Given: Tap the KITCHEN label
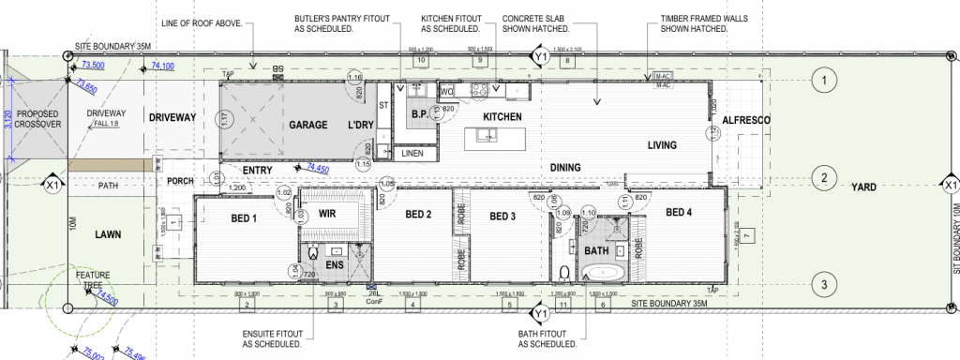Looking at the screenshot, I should pyautogui.click(x=501, y=116).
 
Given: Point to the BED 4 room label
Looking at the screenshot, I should pyautogui.click(x=679, y=213).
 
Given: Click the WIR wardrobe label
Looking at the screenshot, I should pyautogui.click(x=328, y=214).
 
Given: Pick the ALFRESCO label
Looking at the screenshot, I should pyautogui.click(x=746, y=121).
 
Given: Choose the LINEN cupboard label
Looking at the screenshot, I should pyautogui.click(x=412, y=152).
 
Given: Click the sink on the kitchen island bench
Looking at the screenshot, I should pyautogui.click(x=487, y=137).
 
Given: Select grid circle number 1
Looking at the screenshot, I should pyautogui.click(x=823, y=82).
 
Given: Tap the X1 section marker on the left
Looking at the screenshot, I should pyautogui.click(x=52, y=187).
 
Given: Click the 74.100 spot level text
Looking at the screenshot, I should pyautogui.click(x=162, y=67).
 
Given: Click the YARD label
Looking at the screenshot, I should pyautogui.click(x=863, y=187).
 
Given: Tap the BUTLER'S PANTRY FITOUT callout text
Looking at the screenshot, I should pyautogui.click(x=324, y=23).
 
